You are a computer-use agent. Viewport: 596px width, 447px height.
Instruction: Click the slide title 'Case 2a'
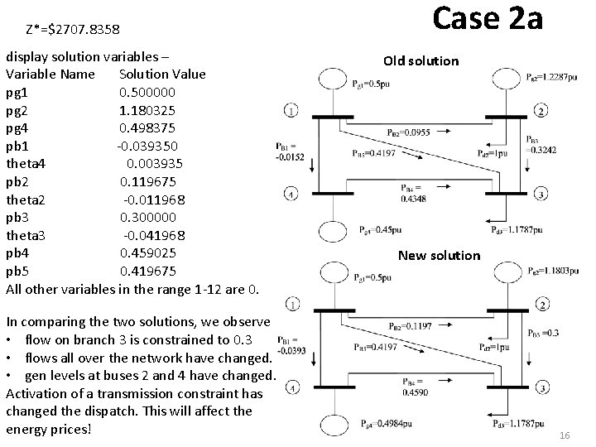(x=488, y=17)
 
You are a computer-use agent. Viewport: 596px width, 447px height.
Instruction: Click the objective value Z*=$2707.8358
(x=74, y=30)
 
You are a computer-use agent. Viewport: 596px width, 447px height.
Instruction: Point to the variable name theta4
(x=27, y=163)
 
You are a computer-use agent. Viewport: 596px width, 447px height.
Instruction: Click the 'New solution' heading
(x=439, y=255)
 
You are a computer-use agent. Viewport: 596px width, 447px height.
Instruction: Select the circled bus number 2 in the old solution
(x=541, y=111)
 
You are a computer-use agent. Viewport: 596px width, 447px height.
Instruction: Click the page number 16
(x=565, y=435)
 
